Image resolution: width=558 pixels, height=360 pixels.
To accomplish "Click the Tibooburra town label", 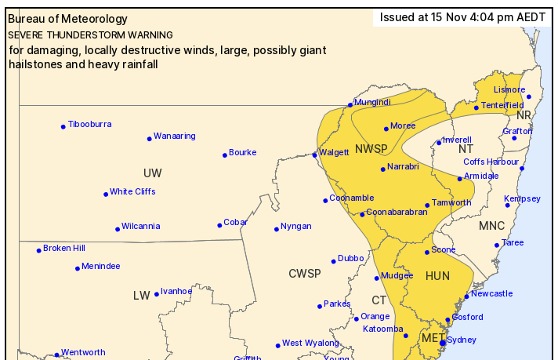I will [x=89, y=124].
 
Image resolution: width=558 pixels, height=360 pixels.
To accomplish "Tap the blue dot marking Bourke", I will [x=225, y=155].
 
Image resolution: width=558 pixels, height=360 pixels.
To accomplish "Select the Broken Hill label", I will [x=63, y=248].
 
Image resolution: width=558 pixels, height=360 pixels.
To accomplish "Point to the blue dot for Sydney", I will [x=443, y=343].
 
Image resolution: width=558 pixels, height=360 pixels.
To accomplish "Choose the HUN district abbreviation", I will [x=437, y=276].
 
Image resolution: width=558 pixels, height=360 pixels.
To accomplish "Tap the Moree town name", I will [x=403, y=125].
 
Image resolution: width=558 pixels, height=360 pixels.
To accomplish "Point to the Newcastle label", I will [x=492, y=293].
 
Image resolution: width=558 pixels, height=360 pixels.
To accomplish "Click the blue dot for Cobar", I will [x=219, y=225].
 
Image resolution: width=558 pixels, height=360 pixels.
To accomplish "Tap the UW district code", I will [x=152, y=173].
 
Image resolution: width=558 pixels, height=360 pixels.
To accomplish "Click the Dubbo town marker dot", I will [x=333, y=261].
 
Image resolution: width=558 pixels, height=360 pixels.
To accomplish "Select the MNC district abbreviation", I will [x=491, y=226].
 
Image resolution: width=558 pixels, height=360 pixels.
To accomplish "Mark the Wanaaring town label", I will [x=174, y=136].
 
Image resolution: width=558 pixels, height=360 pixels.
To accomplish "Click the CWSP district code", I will [x=304, y=273].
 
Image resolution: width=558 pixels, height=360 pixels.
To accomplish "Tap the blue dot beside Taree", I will [x=497, y=245].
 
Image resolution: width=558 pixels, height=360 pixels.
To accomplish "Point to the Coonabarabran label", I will [x=397, y=212].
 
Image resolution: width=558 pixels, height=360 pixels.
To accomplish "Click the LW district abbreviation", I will [x=141, y=295].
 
